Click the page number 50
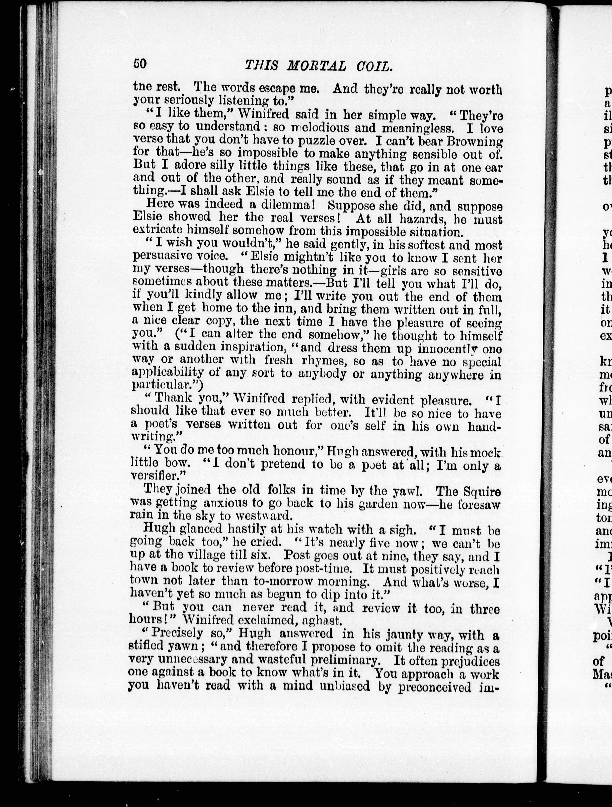pyautogui.click(x=140, y=63)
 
